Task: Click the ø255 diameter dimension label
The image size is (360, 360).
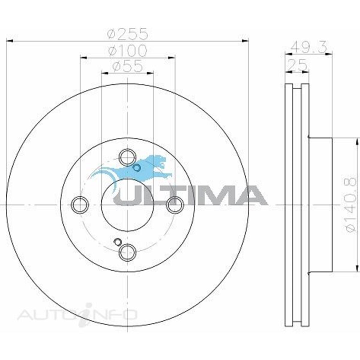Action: point(128,34)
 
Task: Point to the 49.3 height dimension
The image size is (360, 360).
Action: point(308,47)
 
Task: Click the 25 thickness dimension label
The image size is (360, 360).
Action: point(297,64)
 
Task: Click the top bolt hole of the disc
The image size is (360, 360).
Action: point(127,157)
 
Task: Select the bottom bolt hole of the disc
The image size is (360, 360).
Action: point(127,252)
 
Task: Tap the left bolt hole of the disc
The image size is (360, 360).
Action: point(80,205)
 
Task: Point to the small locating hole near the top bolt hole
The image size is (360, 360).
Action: point(136,168)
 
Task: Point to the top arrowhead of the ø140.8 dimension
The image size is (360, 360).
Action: point(357,141)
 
